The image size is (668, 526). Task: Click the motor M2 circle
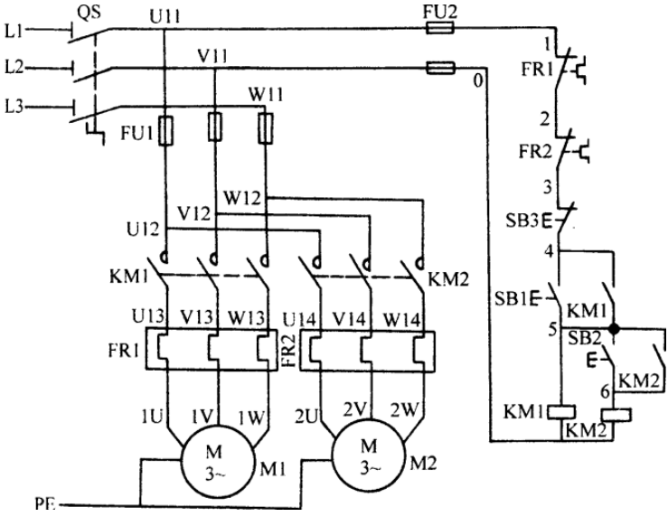[x=334, y=456]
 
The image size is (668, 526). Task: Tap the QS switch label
[x=89, y=12]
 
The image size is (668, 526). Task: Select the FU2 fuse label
[x=439, y=12]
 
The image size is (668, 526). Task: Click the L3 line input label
[x=14, y=106]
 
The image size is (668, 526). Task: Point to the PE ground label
[x=44, y=504]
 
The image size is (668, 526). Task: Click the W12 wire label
[x=242, y=198]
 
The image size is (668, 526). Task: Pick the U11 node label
[x=165, y=17]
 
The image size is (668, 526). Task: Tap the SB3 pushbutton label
[x=522, y=221]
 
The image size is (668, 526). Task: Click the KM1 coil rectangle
[x=561, y=412]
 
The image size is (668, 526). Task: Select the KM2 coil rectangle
[x=616, y=415]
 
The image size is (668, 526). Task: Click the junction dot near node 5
[x=614, y=329]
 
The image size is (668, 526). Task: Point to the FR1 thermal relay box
[x=146, y=348]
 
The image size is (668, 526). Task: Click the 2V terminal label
[x=355, y=409]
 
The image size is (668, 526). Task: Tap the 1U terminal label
[x=152, y=417]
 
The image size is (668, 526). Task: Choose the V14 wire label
[x=349, y=318]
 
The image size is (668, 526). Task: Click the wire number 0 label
[x=478, y=80]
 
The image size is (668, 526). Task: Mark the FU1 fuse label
[x=136, y=133]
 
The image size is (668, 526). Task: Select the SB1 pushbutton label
[x=512, y=298]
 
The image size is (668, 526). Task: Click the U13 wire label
[x=148, y=316]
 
